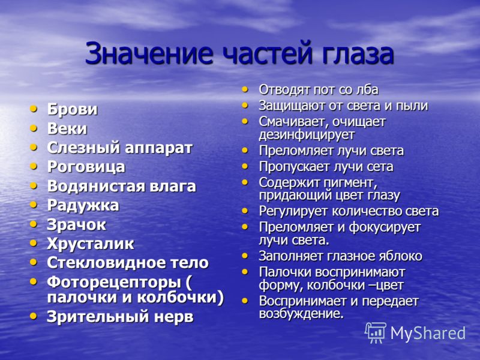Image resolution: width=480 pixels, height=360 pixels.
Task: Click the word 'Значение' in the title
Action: coord(149,53)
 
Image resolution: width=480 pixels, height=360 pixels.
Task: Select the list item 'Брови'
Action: coord(72,109)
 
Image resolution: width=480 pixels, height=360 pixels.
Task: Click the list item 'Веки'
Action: coord(67,128)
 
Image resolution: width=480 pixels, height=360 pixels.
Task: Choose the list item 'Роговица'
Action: coord(86,167)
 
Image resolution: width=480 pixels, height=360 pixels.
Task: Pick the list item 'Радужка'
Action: coord(83,205)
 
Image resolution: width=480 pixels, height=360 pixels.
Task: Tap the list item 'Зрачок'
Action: coord(76,224)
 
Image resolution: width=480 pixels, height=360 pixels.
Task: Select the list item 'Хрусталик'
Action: coord(91,244)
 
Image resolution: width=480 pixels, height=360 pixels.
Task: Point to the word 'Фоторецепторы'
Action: coord(114,283)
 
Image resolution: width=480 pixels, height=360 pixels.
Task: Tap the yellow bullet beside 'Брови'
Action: coord(34,109)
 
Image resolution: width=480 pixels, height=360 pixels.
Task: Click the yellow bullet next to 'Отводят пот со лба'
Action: coord(245,89)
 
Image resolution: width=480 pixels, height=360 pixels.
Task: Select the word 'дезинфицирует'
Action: coord(307,134)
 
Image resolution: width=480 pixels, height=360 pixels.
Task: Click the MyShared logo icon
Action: coord(376,333)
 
